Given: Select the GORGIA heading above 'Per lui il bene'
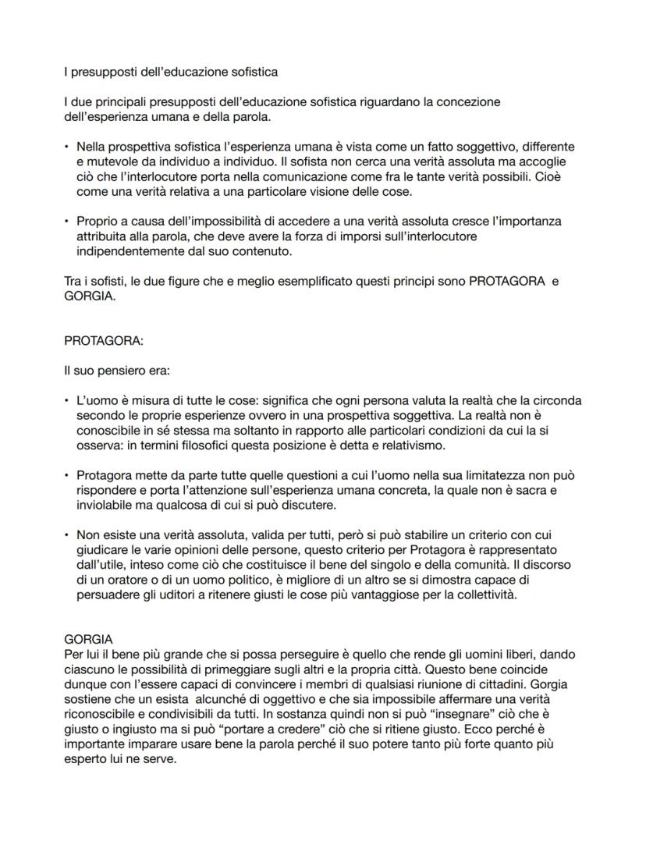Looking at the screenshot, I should click(89, 638).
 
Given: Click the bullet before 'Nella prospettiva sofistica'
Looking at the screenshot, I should click(68, 147).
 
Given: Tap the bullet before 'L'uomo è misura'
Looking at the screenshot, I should click(68, 401).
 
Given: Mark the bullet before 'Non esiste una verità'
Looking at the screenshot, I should click(68, 535).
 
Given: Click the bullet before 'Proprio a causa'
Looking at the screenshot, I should click(68, 222).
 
